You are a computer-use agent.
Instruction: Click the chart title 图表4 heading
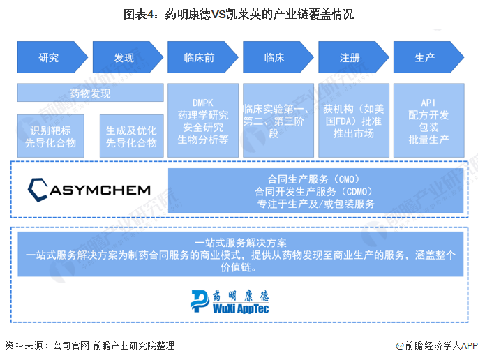(239, 13)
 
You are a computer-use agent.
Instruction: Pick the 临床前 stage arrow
(201, 58)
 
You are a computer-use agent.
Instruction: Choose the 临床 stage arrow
(276, 58)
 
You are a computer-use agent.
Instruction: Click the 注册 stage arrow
(351, 58)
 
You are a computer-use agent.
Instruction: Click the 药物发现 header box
(90, 93)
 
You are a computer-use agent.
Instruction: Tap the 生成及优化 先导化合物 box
(131, 137)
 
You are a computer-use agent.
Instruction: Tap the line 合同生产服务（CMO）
(316, 178)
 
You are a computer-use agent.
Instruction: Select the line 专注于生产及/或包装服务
(316, 204)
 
